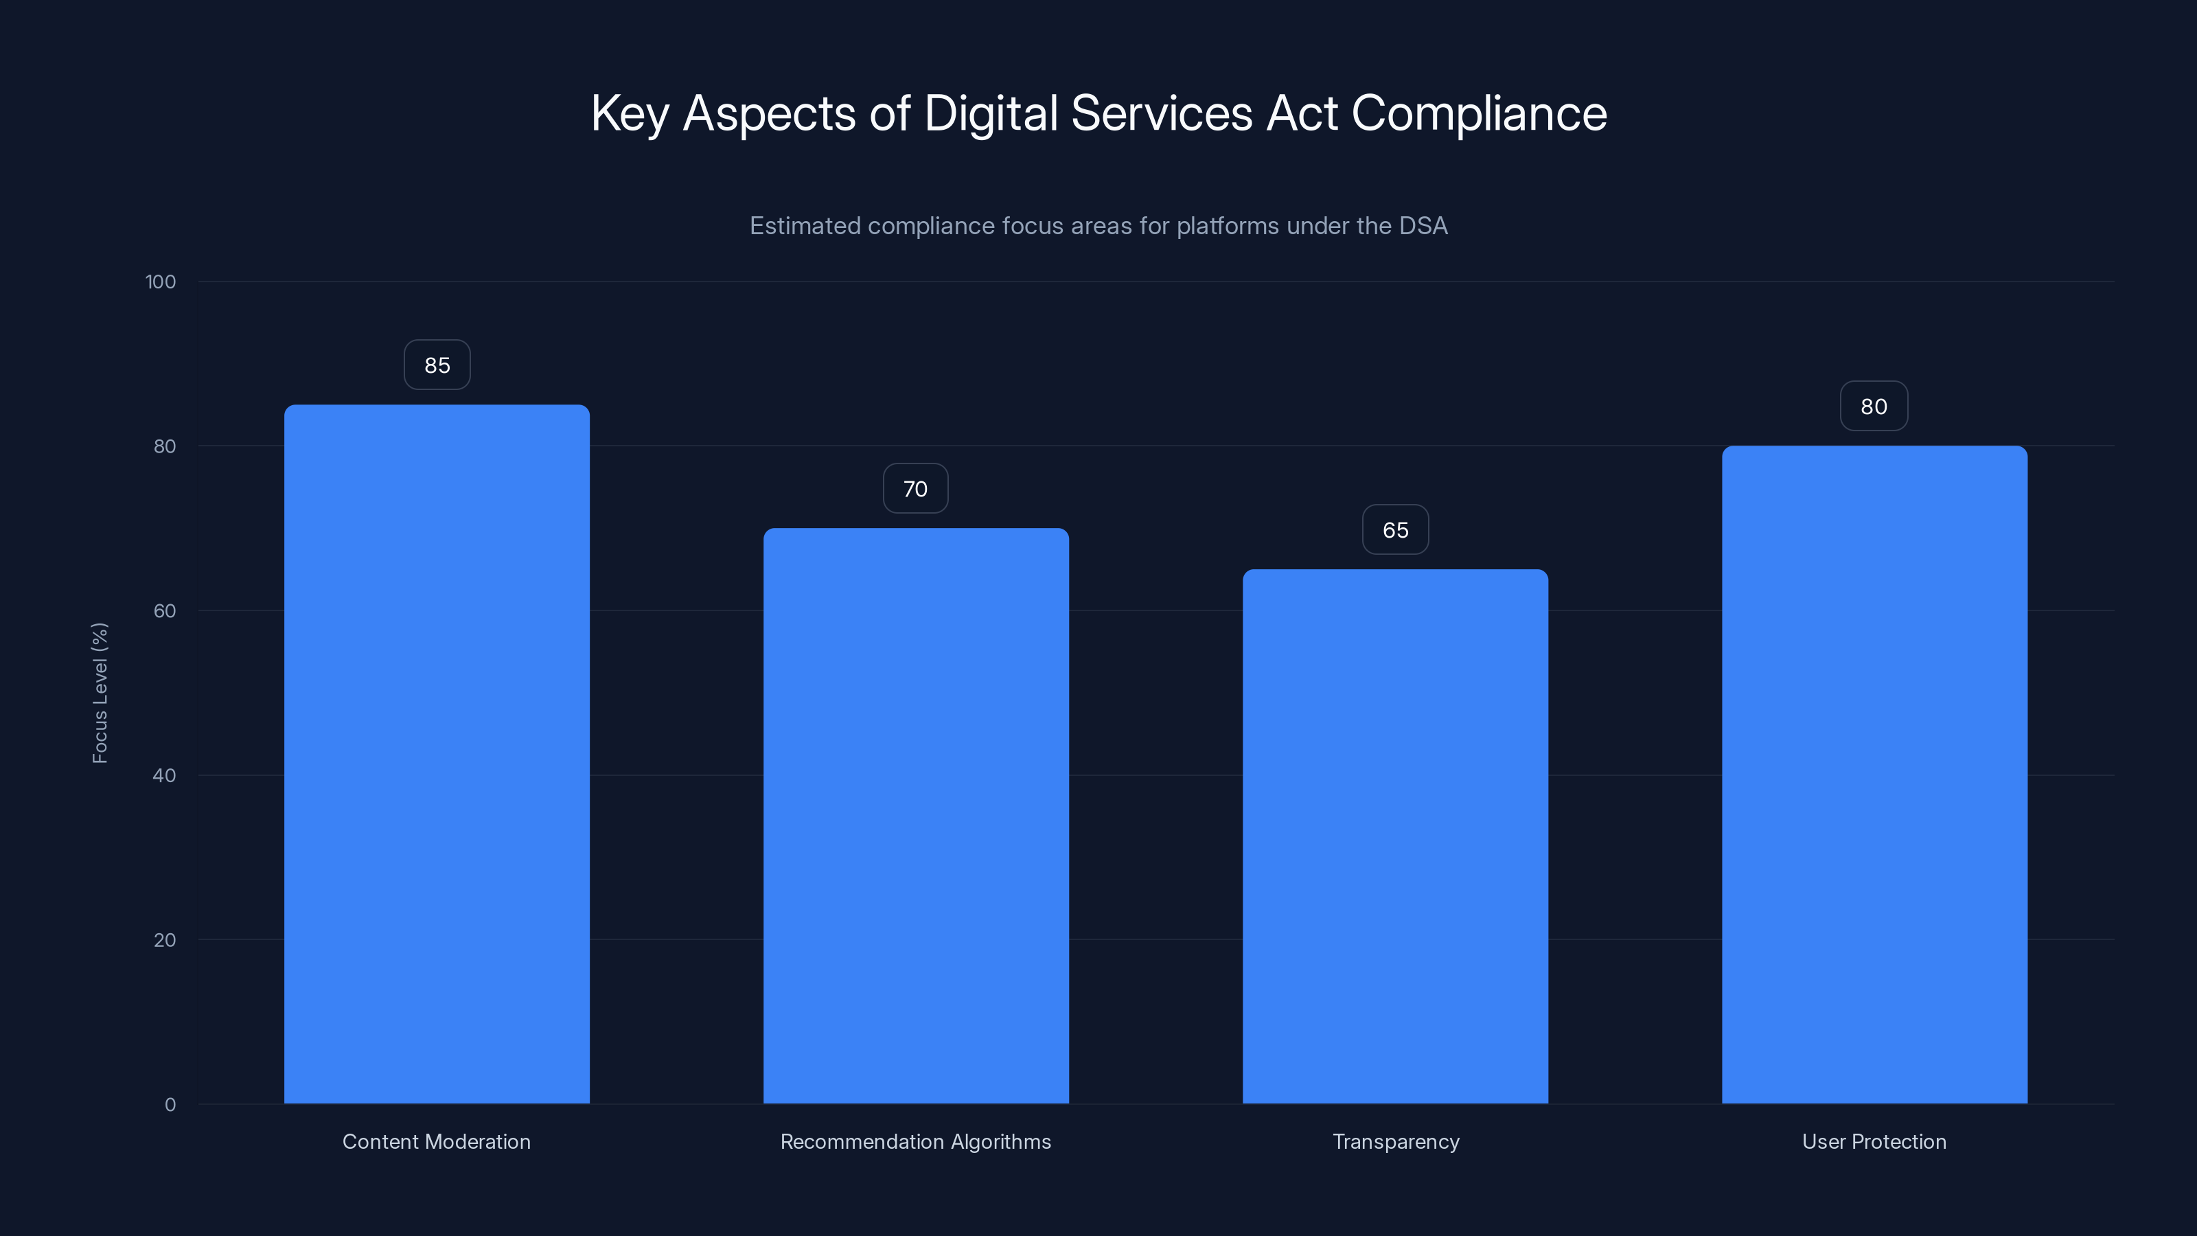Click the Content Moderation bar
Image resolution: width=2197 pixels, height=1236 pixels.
pyautogui.click(x=437, y=754)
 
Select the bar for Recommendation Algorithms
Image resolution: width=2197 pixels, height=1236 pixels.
pyautogui.click(x=916, y=816)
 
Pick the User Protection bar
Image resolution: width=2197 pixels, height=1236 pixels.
pyautogui.click(x=1874, y=775)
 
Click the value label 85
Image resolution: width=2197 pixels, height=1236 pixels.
pyautogui.click(x=437, y=365)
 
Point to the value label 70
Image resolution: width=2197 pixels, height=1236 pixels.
pyautogui.click(x=915, y=489)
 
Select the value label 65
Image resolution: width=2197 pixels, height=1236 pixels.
pyautogui.click(x=1395, y=529)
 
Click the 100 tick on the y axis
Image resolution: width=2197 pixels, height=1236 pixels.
pyautogui.click(x=161, y=282)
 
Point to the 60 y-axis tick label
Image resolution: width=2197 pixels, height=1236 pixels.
pyautogui.click(x=165, y=610)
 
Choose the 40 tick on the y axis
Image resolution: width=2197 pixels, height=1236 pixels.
pyautogui.click(x=165, y=775)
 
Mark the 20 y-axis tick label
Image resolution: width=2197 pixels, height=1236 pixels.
pyautogui.click(x=165, y=940)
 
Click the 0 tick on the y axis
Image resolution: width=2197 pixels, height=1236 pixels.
pyautogui.click(x=170, y=1105)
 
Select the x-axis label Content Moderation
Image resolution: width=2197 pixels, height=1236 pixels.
pyautogui.click(x=437, y=1141)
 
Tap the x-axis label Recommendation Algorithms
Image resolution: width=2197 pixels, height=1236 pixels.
pyautogui.click(x=916, y=1141)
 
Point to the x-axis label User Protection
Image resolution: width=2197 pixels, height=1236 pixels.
pyautogui.click(x=1874, y=1141)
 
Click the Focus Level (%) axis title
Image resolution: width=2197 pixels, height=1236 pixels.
pyautogui.click(x=100, y=693)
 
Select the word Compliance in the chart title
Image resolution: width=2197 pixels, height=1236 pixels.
pyautogui.click(x=1479, y=114)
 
